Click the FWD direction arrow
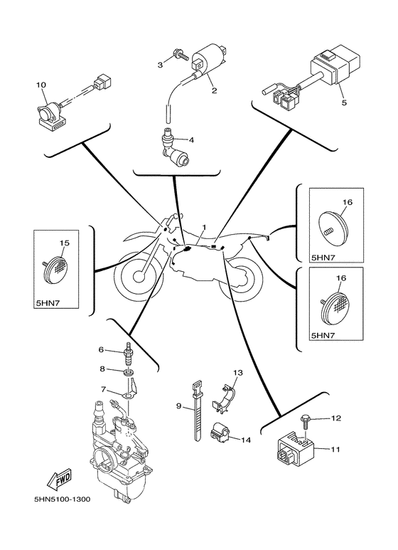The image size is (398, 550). coord(59,479)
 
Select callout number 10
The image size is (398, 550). coord(41,85)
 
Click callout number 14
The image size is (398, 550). coord(247,439)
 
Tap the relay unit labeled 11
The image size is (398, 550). coord(296,450)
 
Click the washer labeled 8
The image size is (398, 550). coord(129,371)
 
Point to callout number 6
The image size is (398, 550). coord(101,349)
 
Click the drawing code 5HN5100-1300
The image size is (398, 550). coord(63,499)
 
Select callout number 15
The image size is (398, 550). coord(65,243)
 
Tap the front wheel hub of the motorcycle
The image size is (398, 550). coord(139,277)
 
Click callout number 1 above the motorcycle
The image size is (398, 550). coord(204,227)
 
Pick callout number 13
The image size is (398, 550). coord(238,373)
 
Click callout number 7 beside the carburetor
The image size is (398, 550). coord(102,389)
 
